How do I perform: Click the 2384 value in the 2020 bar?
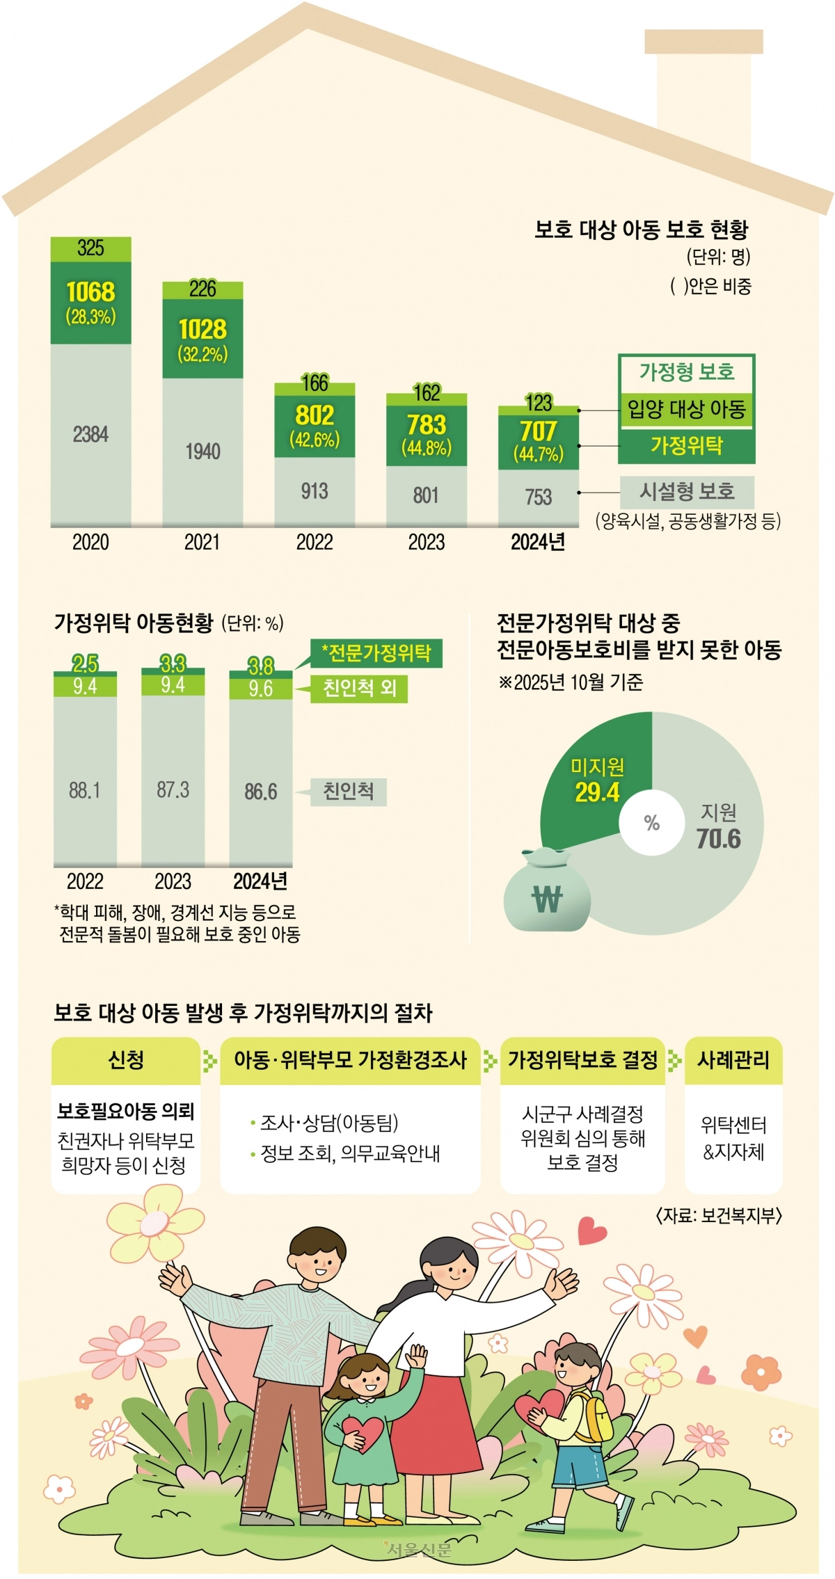coord(90,435)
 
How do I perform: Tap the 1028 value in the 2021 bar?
coord(202,329)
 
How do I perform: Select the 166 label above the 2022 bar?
coord(315,383)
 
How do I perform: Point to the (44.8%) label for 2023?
coord(427,447)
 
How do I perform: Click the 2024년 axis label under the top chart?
coord(538,543)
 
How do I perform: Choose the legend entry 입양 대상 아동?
coord(686,408)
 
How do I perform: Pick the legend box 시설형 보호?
coord(687,492)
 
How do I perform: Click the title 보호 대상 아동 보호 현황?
coord(641,230)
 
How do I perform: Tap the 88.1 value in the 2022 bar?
coord(85,790)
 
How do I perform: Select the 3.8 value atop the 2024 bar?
coord(261,666)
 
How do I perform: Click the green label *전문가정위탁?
coord(376,653)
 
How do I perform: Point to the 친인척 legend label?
coord(348,792)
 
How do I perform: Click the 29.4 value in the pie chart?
coord(597,792)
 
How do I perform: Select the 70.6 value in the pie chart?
coord(719,839)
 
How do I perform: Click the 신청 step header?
coord(126,1060)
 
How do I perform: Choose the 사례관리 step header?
coord(733,1060)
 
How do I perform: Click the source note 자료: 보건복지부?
coord(719,1215)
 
